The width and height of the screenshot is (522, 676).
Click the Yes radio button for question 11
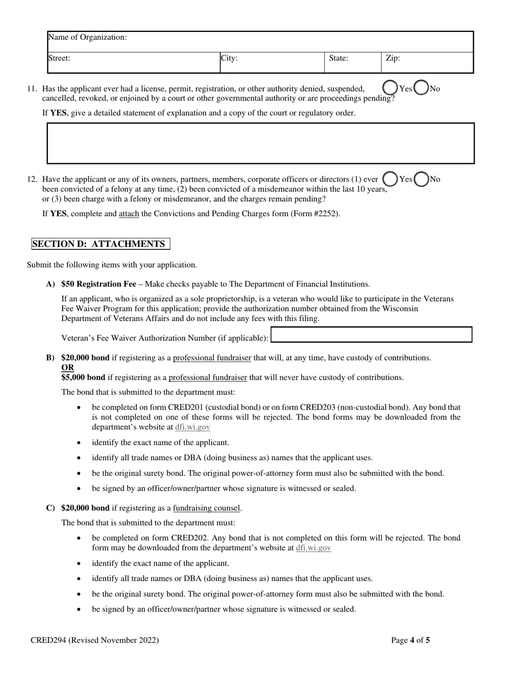point(390,88)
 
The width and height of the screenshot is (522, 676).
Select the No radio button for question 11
point(421,88)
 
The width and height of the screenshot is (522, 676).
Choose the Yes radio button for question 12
point(390,179)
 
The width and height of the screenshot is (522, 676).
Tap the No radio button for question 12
point(421,179)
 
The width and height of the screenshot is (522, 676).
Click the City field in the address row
point(272,63)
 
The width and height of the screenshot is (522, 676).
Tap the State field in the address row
point(352,63)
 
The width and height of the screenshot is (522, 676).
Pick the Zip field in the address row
point(427,63)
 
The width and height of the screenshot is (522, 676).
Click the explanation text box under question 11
point(260,143)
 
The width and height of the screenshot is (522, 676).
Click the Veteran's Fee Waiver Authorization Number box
point(371,335)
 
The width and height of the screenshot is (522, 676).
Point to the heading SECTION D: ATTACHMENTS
point(100,244)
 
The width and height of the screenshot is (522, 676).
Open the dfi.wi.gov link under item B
point(192,427)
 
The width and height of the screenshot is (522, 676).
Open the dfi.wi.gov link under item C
point(313,548)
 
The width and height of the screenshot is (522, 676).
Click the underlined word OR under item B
point(68,368)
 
